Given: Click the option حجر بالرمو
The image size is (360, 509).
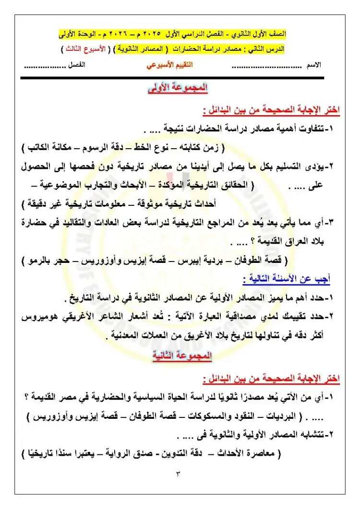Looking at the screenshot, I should [48, 261].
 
